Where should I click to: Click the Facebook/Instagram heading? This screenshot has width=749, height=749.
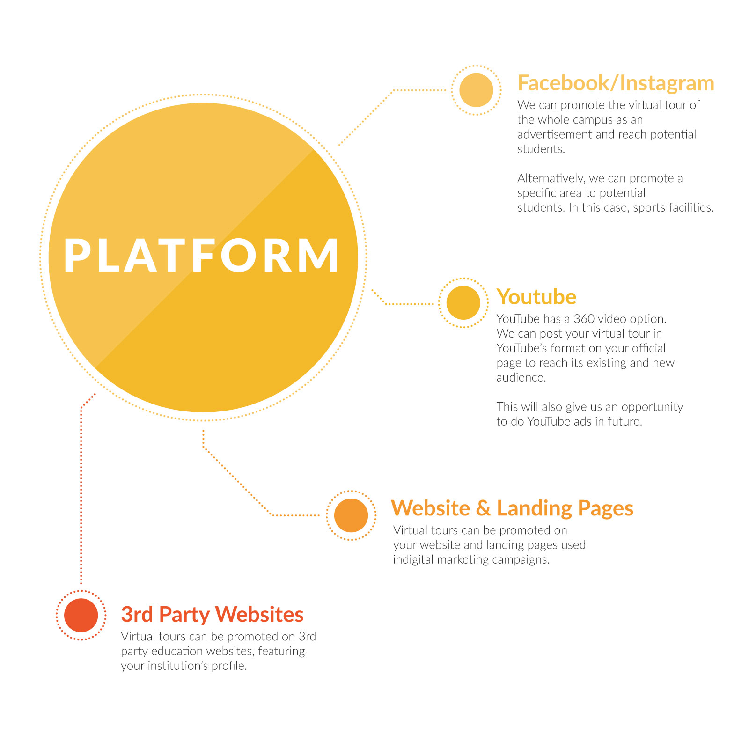[x=616, y=84]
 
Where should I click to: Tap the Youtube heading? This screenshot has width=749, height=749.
[x=536, y=297]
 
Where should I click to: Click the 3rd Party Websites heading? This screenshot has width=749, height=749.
[x=213, y=615]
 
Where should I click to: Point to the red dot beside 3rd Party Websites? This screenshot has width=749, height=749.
[x=81, y=615]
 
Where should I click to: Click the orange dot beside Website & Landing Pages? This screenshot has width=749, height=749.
[x=351, y=515]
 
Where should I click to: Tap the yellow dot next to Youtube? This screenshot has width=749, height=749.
[x=463, y=303]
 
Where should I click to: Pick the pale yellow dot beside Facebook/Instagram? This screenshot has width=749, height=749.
[x=476, y=90]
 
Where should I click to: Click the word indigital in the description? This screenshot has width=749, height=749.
[x=413, y=560]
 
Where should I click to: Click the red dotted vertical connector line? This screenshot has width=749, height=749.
[x=81, y=492]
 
